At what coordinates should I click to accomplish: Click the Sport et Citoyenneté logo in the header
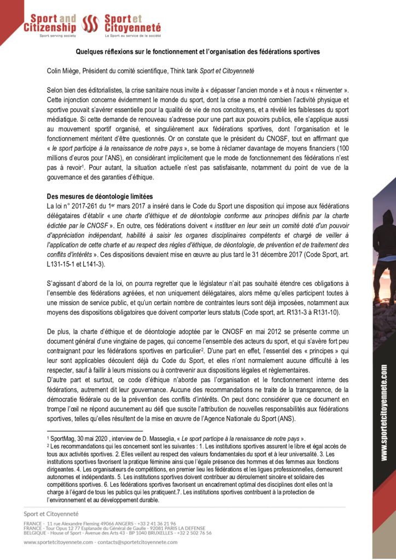pyautogui.click(x=131, y=24)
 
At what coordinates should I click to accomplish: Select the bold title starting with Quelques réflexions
pyautogui.click(x=197, y=51)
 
